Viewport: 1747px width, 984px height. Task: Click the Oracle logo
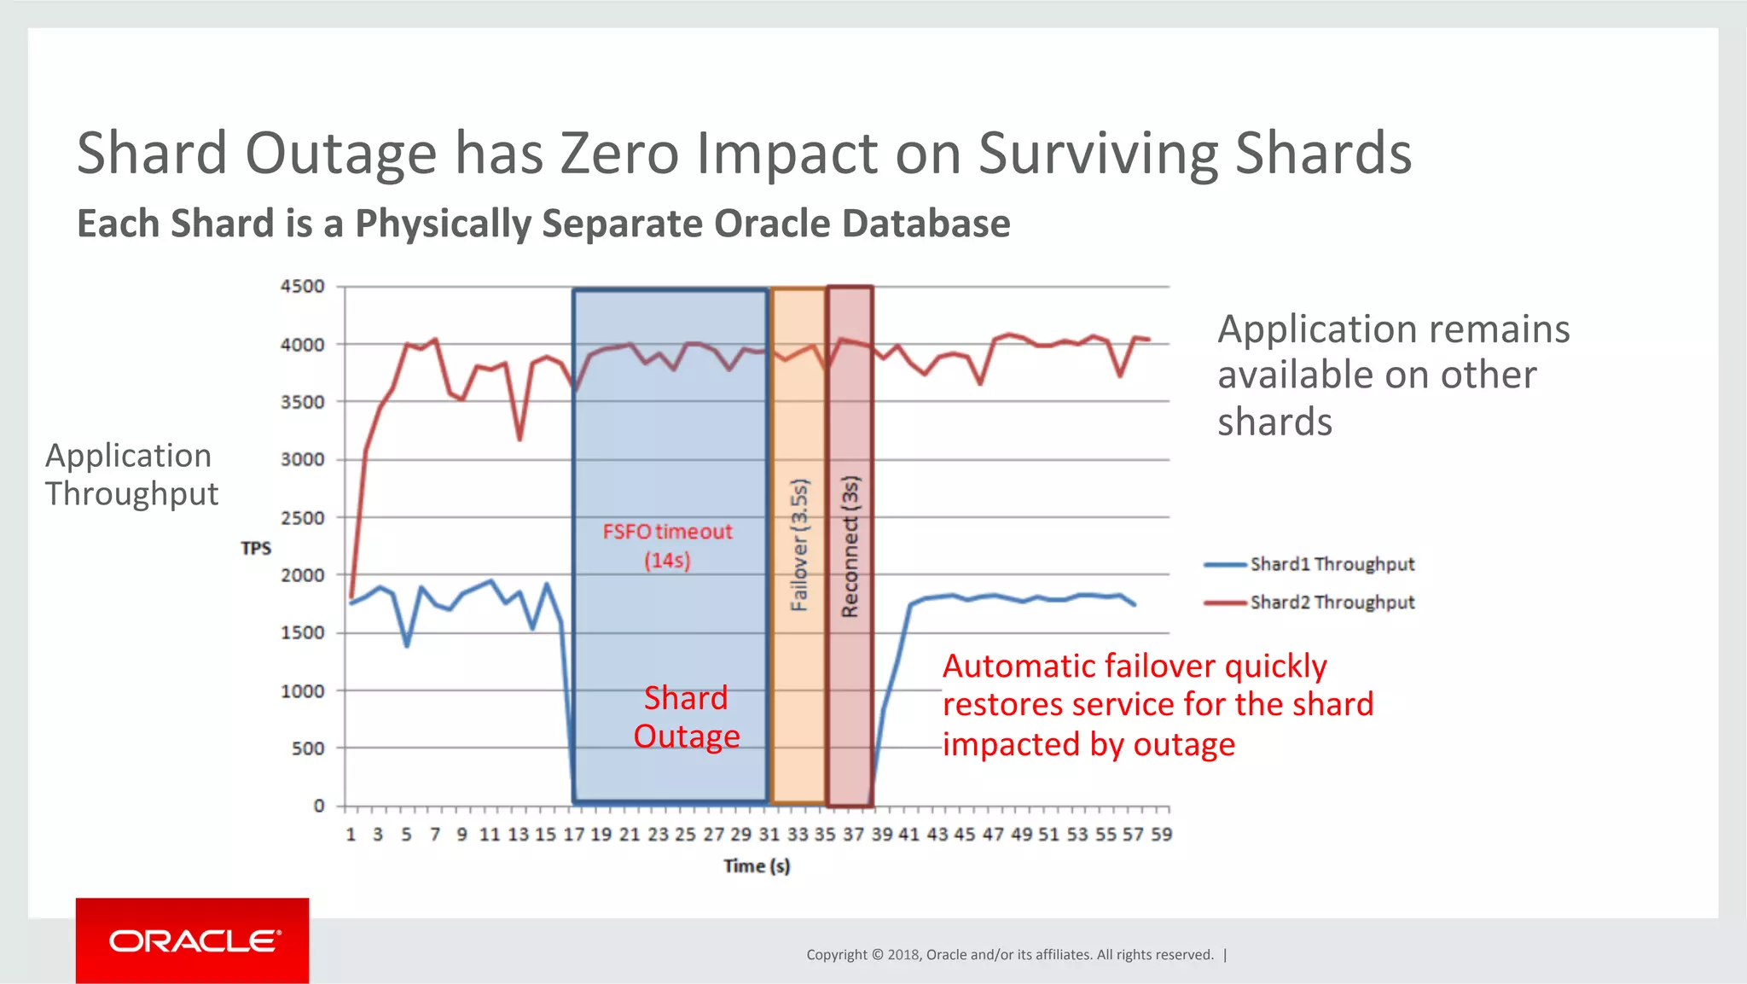[x=193, y=940]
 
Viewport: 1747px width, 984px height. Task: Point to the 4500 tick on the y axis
[x=302, y=287]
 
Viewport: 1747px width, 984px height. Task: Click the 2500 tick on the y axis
[x=302, y=518]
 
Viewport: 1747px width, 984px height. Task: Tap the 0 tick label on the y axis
[x=318, y=806]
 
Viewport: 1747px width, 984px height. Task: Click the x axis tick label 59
[x=1161, y=835]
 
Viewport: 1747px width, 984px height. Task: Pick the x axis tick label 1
[x=351, y=835]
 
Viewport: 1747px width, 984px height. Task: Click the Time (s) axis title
[x=757, y=866]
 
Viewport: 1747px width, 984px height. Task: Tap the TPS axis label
[x=255, y=549]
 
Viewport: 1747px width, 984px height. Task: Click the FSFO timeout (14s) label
[x=667, y=545]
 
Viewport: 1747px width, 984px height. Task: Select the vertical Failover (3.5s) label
[x=799, y=544]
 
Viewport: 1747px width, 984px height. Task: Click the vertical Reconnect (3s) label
[x=850, y=546]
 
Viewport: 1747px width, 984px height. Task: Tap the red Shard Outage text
[x=686, y=717]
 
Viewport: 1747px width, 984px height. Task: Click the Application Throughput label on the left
[x=131, y=475]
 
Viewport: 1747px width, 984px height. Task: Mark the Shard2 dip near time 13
[x=519, y=439]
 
